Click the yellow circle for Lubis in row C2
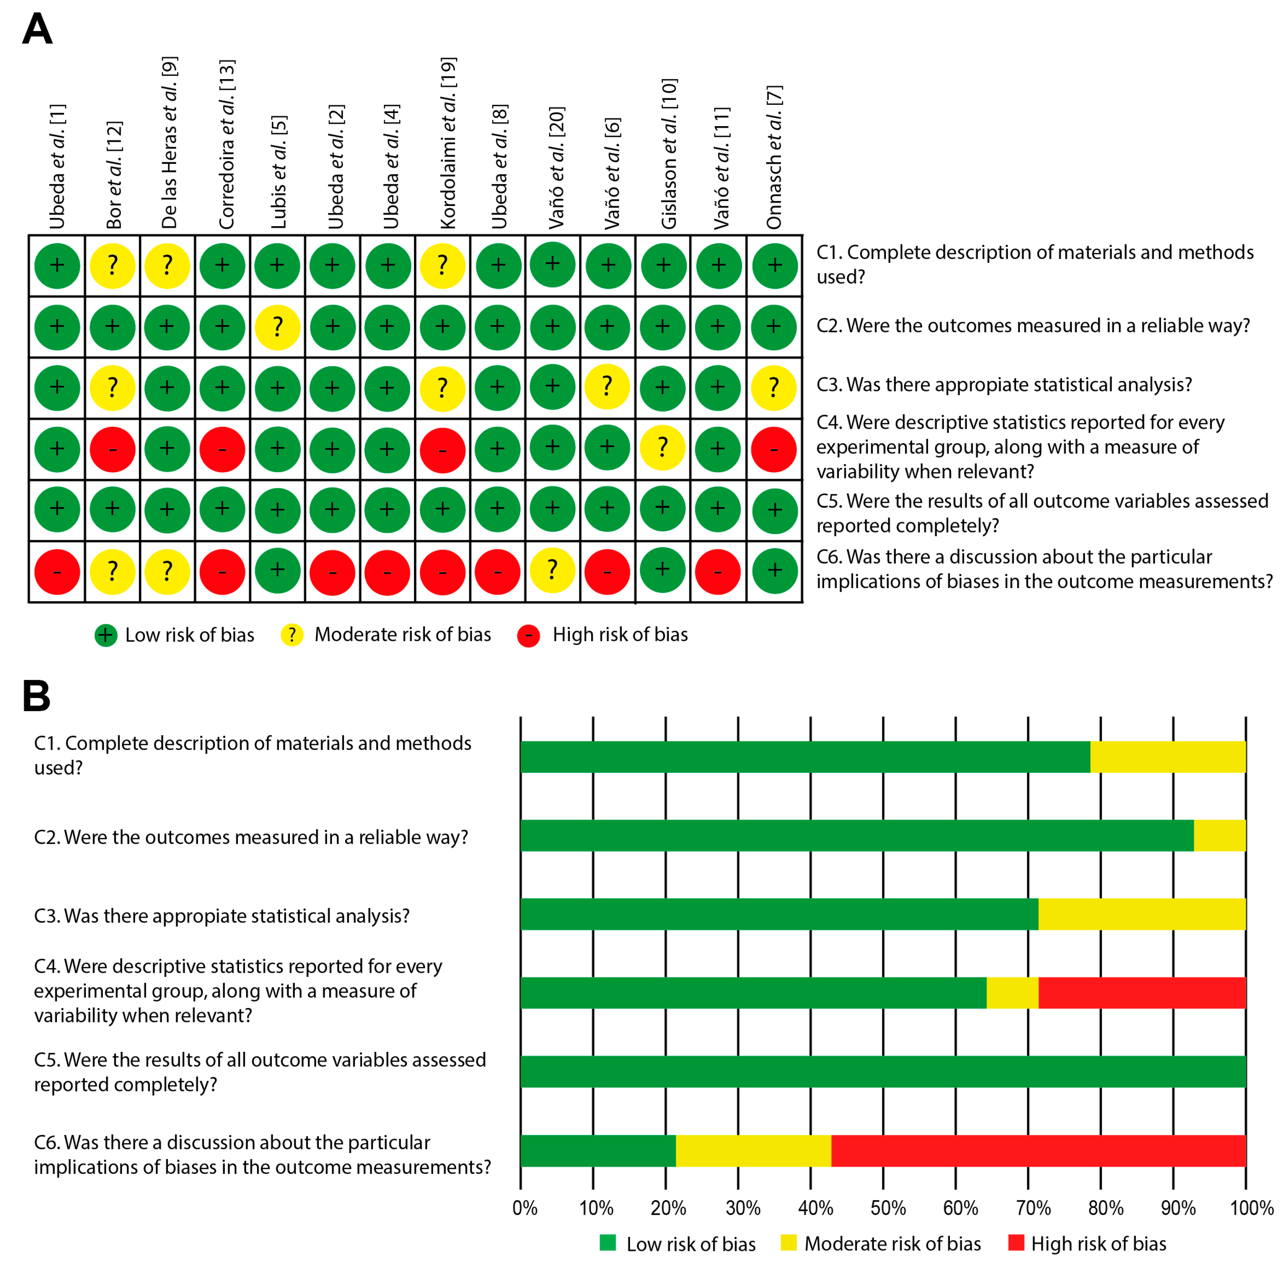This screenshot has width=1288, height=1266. click(277, 326)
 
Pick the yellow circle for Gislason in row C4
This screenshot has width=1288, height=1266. click(662, 448)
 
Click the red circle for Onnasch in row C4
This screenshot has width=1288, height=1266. click(774, 449)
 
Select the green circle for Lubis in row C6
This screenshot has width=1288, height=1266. click(277, 570)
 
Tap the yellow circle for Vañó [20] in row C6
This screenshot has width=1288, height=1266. click(552, 570)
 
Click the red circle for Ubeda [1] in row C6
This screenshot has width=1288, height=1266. click(57, 571)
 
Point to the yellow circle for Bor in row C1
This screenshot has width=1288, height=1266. click(112, 265)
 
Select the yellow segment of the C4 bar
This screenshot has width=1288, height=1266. click(1012, 993)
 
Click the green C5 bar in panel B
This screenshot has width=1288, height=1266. click(883, 1071)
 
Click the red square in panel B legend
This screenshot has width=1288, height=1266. click(1015, 1242)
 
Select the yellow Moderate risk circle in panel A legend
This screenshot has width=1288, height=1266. click(292, 635)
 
